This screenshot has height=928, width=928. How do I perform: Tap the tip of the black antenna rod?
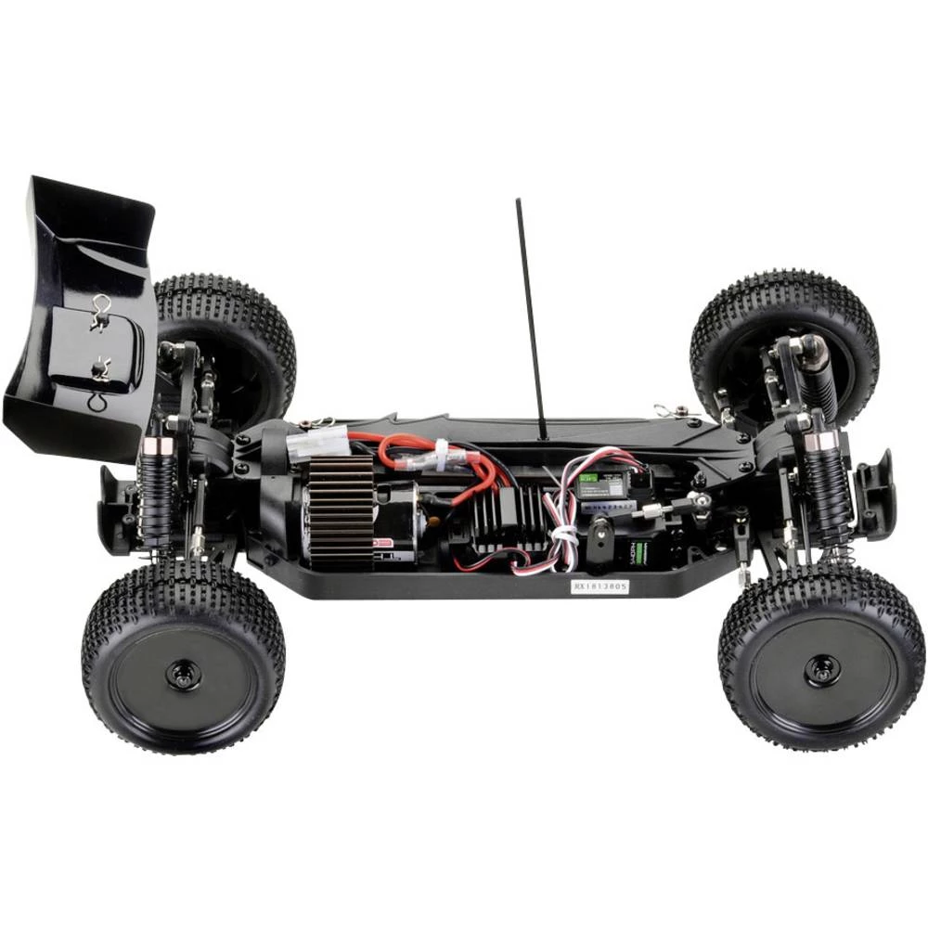[518, 201]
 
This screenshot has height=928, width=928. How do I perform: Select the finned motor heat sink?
[341, 510]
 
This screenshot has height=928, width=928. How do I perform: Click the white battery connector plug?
[311, 445]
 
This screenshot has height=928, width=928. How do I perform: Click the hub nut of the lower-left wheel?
[182, 672]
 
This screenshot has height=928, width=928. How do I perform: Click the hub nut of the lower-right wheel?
[820, 669]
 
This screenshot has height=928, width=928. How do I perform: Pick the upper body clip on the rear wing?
[101, 311]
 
